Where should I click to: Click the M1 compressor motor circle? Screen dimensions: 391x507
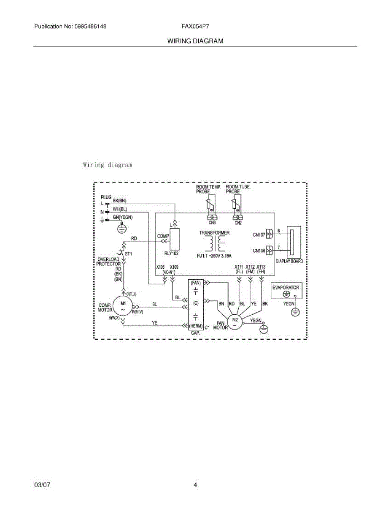click(x=123, y=306)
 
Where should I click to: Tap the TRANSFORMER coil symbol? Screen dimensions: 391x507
click(x=214, y=244)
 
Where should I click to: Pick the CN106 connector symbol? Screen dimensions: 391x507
click(x=269, y=251)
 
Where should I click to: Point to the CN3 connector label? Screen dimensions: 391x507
click(x=212, y=223)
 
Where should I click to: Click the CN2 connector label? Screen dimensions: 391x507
click(x=238, y=223)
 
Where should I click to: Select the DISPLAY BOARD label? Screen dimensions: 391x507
click(x=289, y=262)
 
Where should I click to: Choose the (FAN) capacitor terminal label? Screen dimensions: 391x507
click(x=196, y=282)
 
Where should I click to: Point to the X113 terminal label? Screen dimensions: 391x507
click(x=261, y=267)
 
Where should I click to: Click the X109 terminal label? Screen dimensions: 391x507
click(x=174, y=267)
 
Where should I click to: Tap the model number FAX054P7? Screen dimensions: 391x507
click(x=195, y=26)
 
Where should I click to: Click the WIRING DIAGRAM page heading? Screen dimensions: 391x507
click(x=195, y=41)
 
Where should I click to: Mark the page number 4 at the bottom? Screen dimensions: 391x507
click(x=195, y=485)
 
